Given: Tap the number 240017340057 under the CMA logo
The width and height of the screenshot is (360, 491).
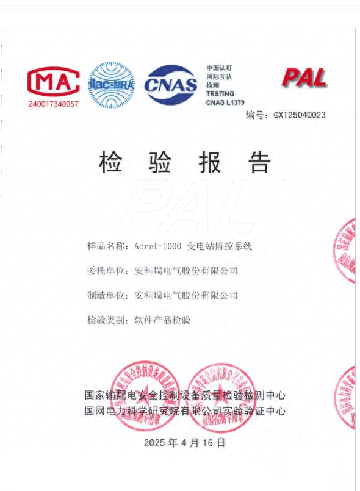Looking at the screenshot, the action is pos(54,104).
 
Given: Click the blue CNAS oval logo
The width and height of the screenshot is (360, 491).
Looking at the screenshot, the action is pos(171,85).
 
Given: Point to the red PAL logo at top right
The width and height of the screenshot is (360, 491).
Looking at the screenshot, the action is pos(303,78).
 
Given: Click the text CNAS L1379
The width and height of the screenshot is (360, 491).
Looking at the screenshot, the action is pos(225,102).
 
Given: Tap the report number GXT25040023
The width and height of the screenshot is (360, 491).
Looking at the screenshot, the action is pos(299,115).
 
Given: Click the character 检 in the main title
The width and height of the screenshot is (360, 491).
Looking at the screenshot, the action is pos(111,162).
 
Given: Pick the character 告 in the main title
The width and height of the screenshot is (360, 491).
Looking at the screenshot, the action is pos(259,162).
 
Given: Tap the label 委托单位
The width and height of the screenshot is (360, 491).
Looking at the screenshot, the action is pos(105,271).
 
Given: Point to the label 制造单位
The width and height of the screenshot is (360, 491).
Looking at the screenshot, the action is pos(105,296).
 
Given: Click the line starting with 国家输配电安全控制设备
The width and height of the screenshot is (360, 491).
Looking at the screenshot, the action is pos(185,395).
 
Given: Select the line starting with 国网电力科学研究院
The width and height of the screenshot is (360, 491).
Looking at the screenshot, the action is pos(185,411).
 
